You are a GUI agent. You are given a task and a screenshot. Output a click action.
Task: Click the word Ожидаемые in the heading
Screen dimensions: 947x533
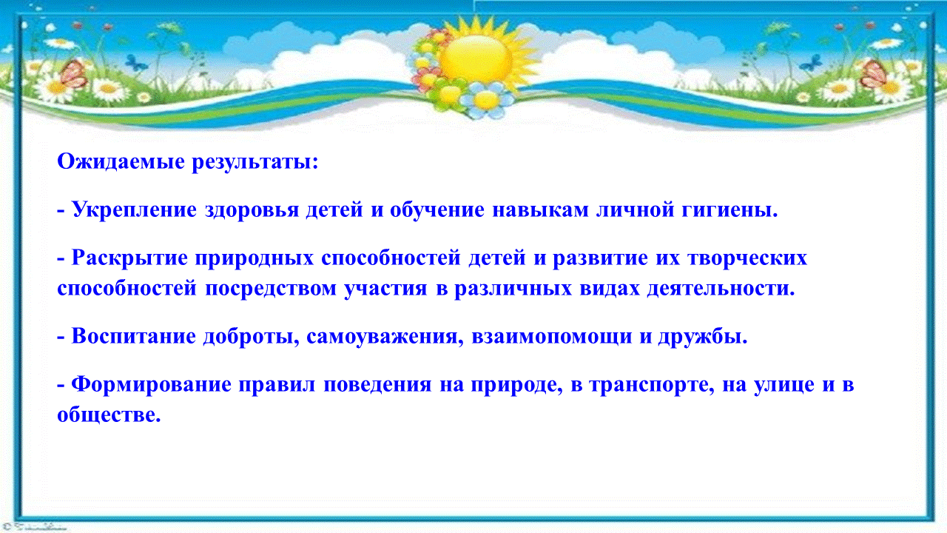click(121, 161)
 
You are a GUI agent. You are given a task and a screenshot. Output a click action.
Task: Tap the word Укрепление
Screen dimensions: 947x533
click(135, 209)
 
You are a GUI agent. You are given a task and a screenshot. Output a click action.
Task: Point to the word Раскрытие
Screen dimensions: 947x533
click(129, 258)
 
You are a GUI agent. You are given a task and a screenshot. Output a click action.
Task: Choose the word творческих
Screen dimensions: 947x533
click(747, 258)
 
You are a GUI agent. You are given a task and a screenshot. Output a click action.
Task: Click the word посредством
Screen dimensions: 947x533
click(271, 289)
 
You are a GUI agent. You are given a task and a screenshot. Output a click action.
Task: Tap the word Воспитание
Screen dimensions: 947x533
click(134, 337)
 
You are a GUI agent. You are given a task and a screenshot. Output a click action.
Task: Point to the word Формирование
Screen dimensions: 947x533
click(152, 385)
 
